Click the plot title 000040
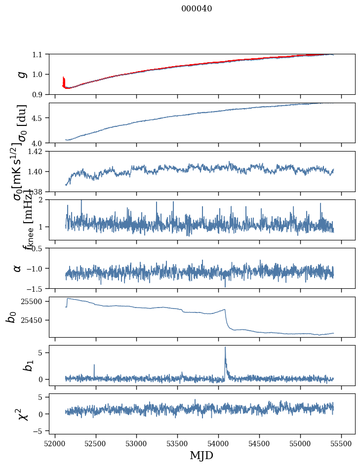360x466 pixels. point(197,8)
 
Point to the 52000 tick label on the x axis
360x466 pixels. point(55,443)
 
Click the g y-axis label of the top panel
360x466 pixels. point(21,74)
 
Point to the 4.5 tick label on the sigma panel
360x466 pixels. point(39,118)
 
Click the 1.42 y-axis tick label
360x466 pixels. point(37,152)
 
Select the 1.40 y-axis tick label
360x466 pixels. point(37,171)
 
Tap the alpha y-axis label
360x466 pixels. point(18,268)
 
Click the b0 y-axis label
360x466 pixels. point(11,317)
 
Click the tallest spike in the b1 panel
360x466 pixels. point(225,347)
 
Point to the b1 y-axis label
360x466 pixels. point(16,365)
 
